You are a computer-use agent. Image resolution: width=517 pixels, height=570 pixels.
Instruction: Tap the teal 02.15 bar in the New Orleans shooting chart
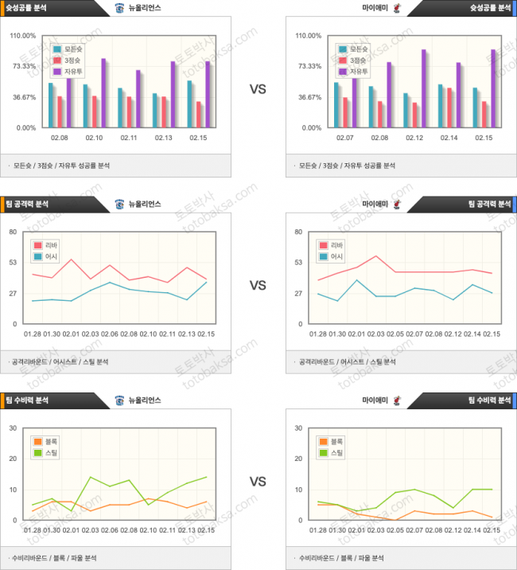point(189,103)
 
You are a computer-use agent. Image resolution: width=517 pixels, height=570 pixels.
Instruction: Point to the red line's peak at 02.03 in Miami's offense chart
point(376,256)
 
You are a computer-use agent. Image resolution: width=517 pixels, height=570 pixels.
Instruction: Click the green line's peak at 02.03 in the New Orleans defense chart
point(91,477)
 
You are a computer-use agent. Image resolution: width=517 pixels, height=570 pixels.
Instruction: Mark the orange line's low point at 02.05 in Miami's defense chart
point(395,519)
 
